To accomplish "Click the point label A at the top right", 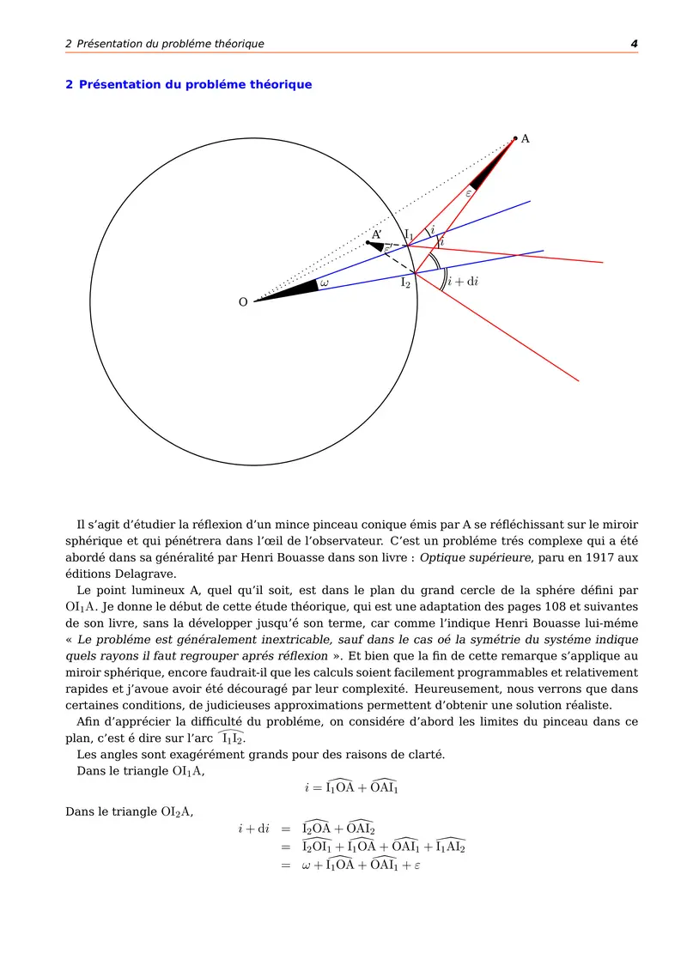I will [526, 138].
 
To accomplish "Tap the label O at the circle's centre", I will [243, 302].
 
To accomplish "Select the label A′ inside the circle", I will [376, 234].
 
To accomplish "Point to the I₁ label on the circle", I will [409, 234].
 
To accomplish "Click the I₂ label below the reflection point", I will [405, 282].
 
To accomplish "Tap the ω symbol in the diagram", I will [324, 282].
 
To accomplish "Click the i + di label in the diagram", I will [463, 282].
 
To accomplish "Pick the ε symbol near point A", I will [469, 193].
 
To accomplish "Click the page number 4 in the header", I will [634, 44].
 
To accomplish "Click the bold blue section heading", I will [189, 85].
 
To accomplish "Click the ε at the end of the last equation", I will [416, 866].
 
